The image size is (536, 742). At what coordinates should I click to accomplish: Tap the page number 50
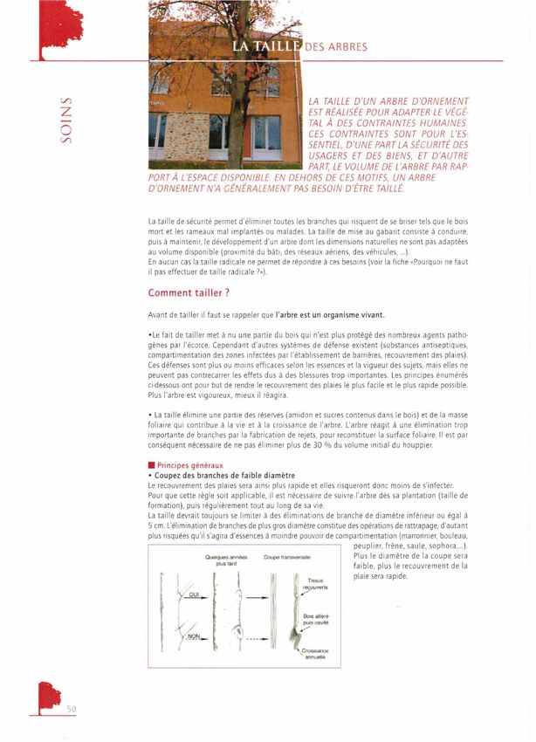(72, 709)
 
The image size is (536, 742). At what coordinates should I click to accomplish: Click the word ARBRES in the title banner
(342, 46)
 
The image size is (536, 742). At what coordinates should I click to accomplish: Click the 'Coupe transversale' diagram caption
(286, 556)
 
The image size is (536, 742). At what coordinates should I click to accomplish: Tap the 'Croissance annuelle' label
(314, 654)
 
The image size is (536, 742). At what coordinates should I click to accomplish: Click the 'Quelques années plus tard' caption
(227, 560)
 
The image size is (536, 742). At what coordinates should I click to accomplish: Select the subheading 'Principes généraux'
(189, 464)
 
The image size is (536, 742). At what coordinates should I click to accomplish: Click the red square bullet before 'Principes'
(151, 464)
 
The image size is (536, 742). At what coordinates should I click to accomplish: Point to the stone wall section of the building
(184, 137)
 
